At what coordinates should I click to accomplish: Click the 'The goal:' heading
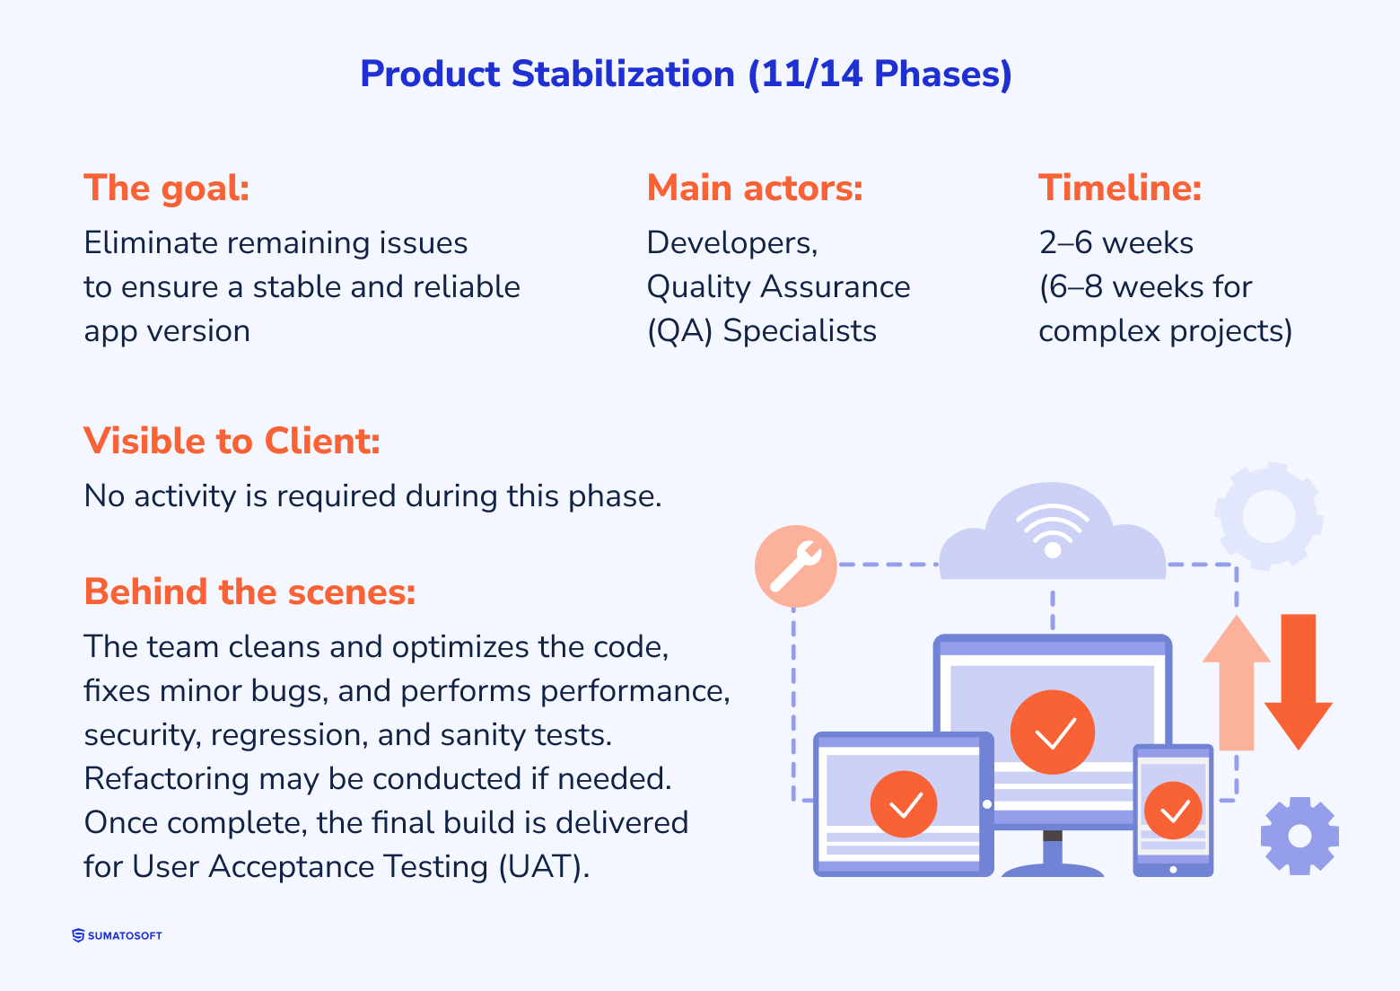coord(166,189)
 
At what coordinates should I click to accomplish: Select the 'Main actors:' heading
coord(754,189)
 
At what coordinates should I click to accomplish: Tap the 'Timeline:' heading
coord(1119,189)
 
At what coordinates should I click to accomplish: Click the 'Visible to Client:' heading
coord(232,442)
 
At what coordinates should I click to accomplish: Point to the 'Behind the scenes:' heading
coord(249,592)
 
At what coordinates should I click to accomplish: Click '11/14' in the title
coord(811,74)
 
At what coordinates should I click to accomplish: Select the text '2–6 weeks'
coord(1116,243)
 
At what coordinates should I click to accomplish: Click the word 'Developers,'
coord(731,243)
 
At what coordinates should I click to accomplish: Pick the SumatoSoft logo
coord(117,935)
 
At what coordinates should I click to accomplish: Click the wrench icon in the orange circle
coord(795,566)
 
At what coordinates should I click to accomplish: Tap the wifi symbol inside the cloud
coord(1052,530)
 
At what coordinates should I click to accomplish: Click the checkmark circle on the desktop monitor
coord(1052,732)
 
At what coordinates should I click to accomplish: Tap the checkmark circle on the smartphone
coord(1173,811)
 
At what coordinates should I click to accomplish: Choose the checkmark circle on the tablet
coord(904,803)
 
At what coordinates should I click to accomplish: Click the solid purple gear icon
coord(1299,836)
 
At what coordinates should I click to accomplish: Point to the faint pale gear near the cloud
coord(1268,516)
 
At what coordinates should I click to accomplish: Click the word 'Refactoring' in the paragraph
coord(166,779)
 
